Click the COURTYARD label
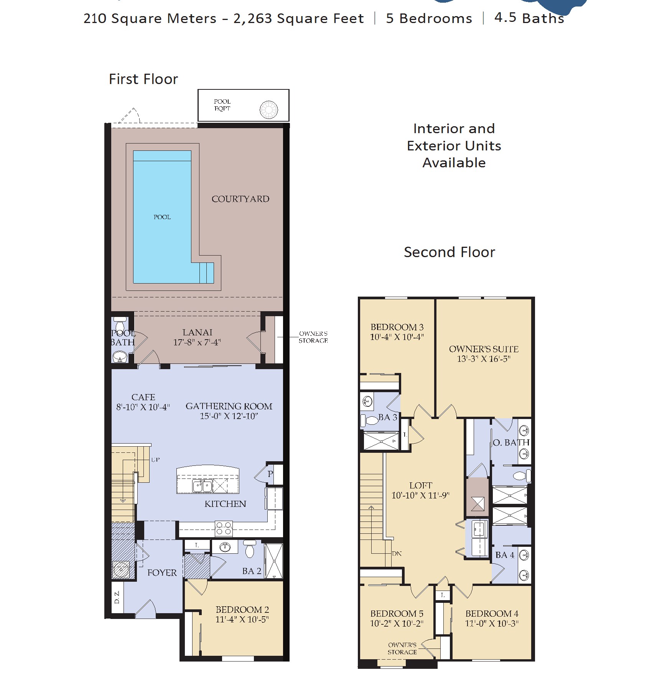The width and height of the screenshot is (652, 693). (x=240, y=199)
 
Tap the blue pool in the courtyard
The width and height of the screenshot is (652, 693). (x=162, y=217)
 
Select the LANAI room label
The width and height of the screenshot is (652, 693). (x=197, y=332)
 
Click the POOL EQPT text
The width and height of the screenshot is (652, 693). (x=222, y=105)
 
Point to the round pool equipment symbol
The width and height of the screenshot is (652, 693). (x=269, y=110)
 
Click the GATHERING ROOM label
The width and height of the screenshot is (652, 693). (x=229, y=406)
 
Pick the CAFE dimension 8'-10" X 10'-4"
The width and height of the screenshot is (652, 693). (x=143, y=407)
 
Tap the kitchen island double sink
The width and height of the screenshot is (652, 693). (x=202, y=486)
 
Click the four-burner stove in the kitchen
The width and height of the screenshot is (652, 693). (x=223, y=528)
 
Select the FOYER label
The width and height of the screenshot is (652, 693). (x=162, y=573)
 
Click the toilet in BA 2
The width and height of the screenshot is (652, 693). (x=250, y=549)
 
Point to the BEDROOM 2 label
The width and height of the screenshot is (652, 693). (x=242, y=609)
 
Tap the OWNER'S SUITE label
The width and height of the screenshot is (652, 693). (x=484, y=349)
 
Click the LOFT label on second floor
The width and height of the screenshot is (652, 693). (x=420, y=485)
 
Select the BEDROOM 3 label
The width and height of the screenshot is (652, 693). (x=397, y=327)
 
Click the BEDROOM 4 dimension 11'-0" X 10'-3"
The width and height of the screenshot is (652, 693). (x=492, y=624)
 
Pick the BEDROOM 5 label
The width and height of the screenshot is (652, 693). (x=397, y=614)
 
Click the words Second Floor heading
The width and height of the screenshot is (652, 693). (x=449, y=252)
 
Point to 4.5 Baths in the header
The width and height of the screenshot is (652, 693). (x=529, y=18)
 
